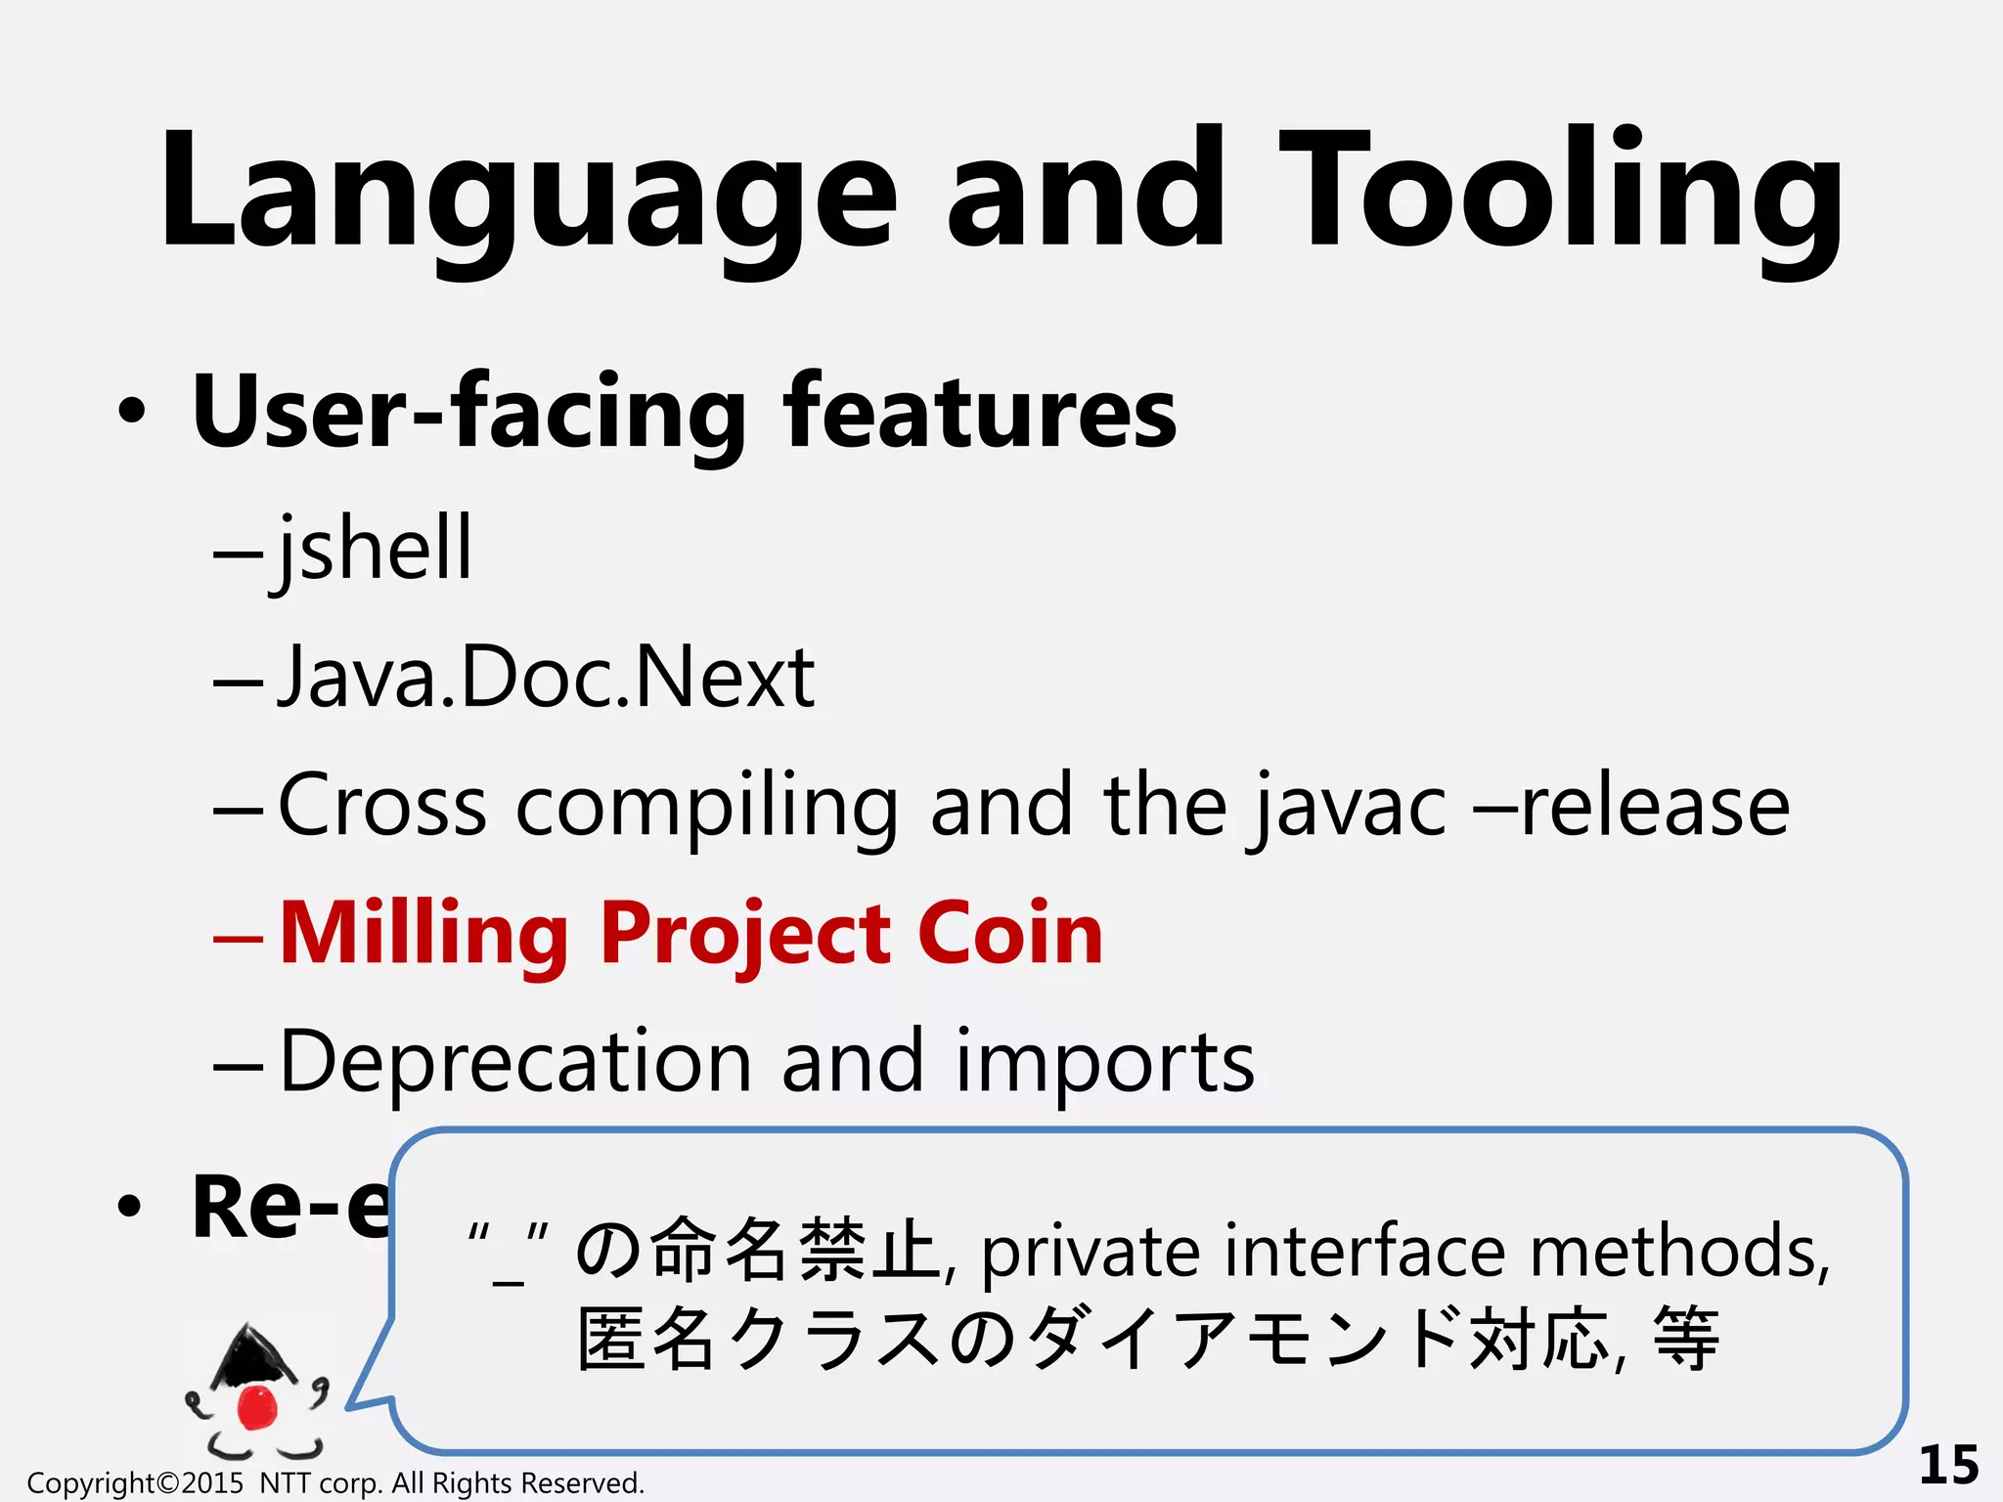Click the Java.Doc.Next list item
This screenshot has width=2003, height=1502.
tap(546, 677)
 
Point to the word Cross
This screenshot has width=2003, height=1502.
tap(382, 806)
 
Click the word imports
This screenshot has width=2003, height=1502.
tap(1104, 1064)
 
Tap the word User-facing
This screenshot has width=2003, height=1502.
tap(469, 413)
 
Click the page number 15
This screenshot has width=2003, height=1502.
tap(1948, 1464)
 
